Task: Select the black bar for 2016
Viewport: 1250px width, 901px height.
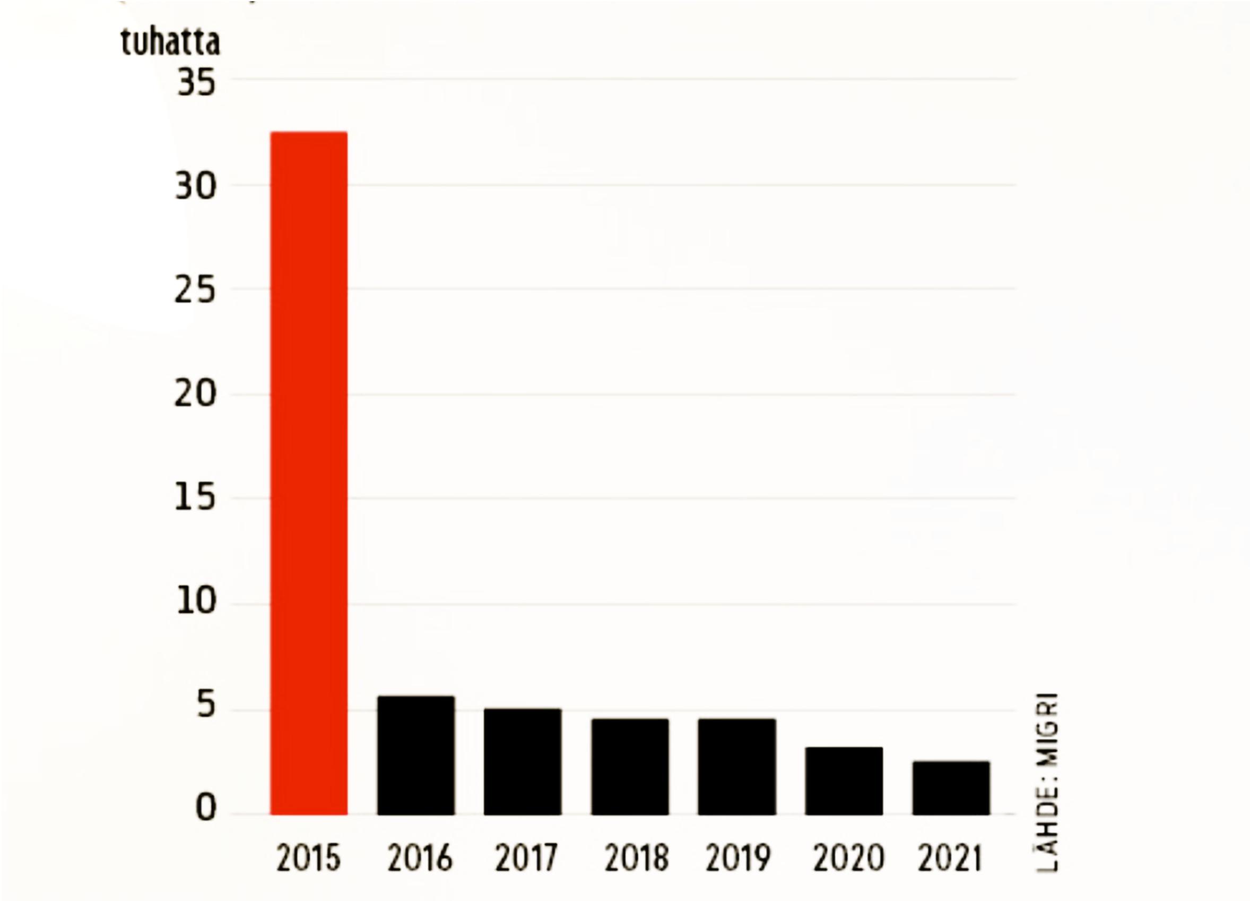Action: coord(416,755)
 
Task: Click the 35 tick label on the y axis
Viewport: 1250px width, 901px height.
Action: coord(196,84)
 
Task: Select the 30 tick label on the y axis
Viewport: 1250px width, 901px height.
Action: coord(195,187)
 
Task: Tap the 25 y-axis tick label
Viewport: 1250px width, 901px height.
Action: coord(195,290)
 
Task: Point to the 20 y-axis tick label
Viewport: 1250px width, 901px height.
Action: coord(195,394)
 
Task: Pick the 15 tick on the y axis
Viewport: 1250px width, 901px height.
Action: coord(195,499)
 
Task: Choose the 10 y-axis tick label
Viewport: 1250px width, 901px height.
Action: coord(195,601)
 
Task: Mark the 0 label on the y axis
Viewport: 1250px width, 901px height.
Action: coord(206,809)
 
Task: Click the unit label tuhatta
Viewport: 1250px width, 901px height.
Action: coord(170,42)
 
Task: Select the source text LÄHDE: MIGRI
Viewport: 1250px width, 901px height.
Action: coord(1048,783)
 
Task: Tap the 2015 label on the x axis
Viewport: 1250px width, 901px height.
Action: coord(309,859)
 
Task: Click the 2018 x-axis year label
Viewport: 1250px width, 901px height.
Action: coord(637,859)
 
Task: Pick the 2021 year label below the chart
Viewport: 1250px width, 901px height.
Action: coord(950,859)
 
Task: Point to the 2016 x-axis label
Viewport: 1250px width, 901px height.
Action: coord(420,859)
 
